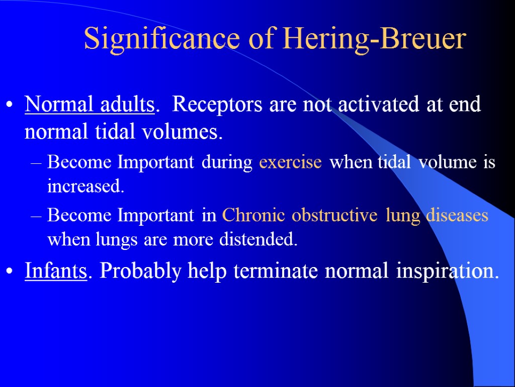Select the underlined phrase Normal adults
click(89, 105)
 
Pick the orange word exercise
click(290, 163)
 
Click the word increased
click(84, 186)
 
